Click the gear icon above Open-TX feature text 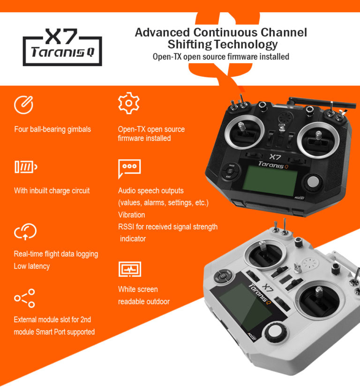128,104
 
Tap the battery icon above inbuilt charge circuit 25,167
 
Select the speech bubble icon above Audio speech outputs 129,168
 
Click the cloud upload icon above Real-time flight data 25,231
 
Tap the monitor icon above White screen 129,269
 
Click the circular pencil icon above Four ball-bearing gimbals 23,105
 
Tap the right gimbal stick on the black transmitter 318,139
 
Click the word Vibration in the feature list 131,215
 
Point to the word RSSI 126,227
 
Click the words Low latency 32,266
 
